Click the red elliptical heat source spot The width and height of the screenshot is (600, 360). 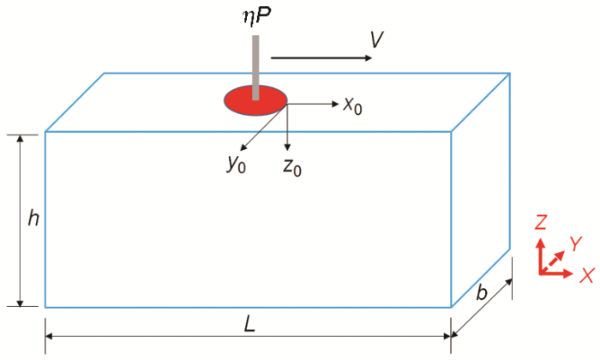(x=255, y=100)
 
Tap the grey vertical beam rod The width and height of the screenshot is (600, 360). (x=255, y=68)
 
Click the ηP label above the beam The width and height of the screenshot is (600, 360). (x=257, y=16)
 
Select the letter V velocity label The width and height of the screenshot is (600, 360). (x=377, y=39)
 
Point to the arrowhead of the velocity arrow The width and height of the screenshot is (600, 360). (x=368, y=57)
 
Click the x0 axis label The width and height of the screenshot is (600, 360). (x=352, y=105)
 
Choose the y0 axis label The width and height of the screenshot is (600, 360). (x=236, y=164)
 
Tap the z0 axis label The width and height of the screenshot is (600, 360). (x=292, y=167)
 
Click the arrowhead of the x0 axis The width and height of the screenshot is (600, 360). (x=336, y=104)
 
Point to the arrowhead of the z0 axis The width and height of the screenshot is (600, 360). (x=287, y=147)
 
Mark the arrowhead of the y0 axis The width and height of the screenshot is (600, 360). (x=243, y=147)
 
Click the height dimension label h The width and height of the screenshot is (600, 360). (x=33, y=219)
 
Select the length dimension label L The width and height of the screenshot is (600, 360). (x=249, y=326)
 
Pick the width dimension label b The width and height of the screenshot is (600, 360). (x=482, y=292)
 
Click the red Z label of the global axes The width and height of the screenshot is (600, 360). (x=541, y=222)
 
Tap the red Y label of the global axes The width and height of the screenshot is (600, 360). (x=575, y=243)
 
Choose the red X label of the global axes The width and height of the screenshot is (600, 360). (x=587, y=275)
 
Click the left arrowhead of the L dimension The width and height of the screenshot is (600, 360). (x=49, y=336)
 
